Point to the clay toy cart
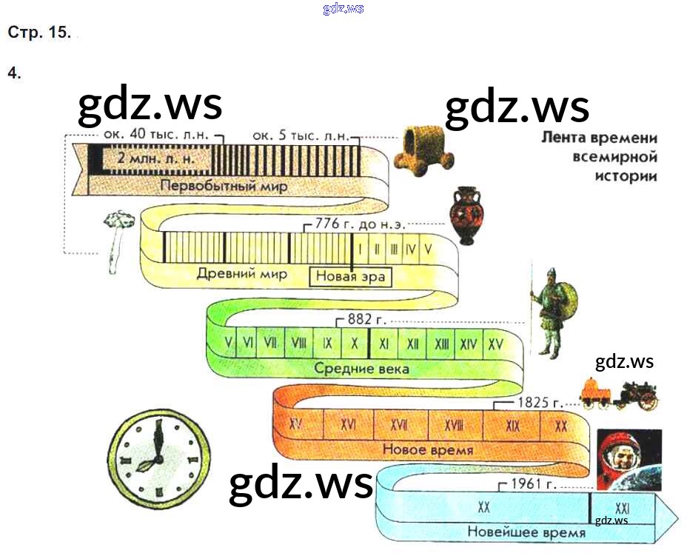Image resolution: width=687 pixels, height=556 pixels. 423,150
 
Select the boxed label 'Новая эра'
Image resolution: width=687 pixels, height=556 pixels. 350,276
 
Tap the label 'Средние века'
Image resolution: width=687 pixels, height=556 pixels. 361,368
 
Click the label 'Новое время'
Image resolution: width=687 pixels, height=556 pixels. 428,449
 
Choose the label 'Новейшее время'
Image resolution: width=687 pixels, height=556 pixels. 526,532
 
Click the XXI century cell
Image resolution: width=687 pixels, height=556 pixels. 622,508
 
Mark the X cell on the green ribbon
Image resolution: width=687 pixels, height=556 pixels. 355,344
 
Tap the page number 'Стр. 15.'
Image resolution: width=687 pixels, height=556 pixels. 38,33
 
